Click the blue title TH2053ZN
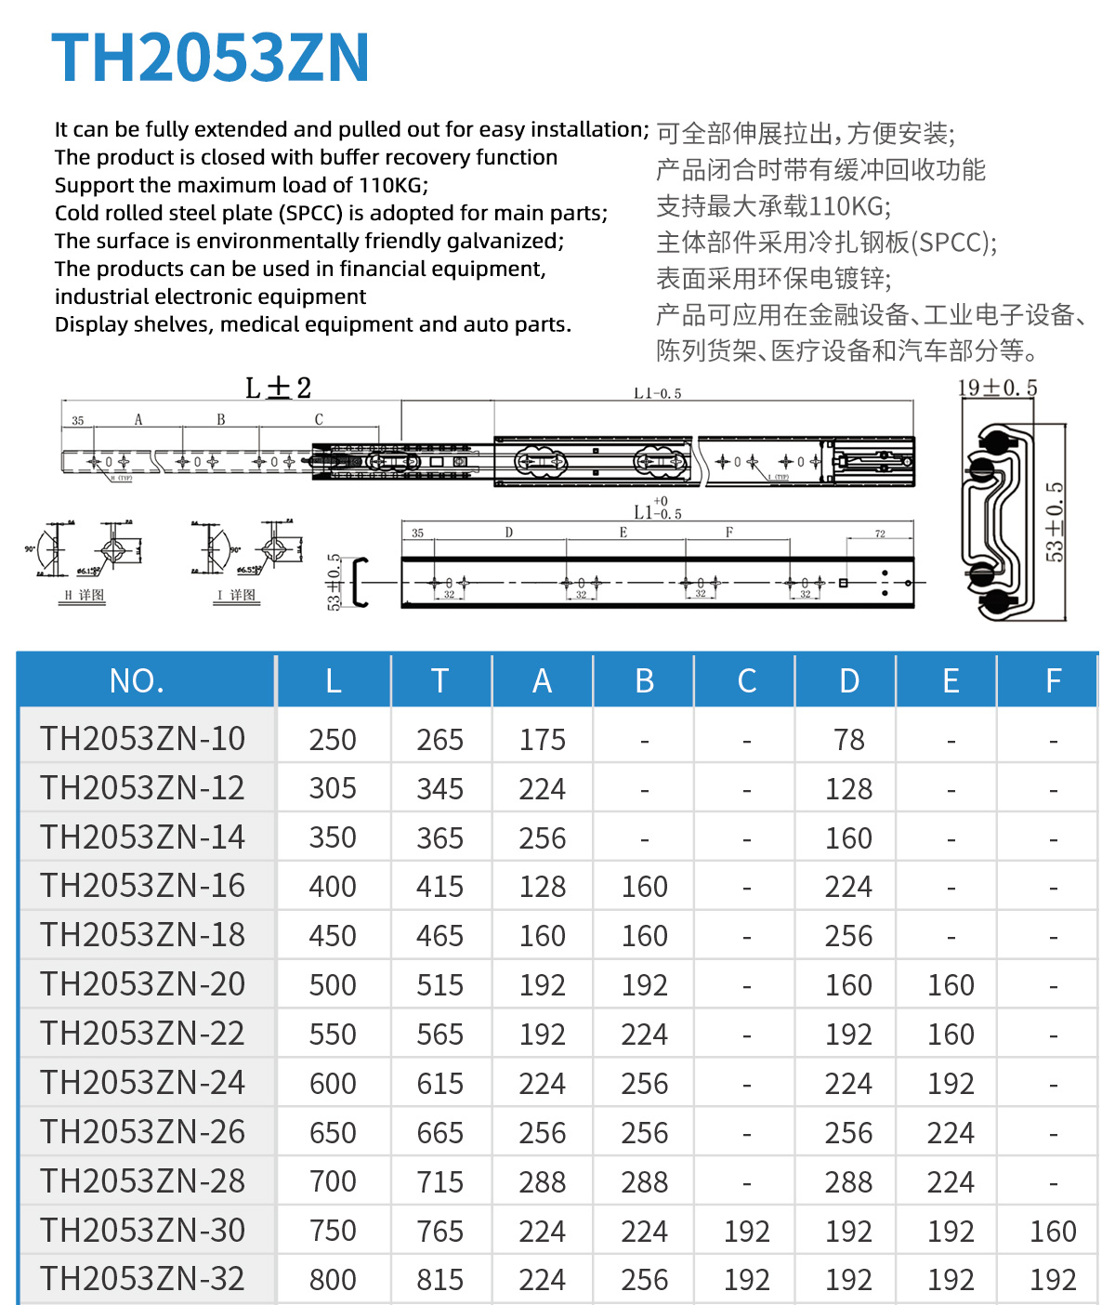pos(211,58)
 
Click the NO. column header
pos(137,681)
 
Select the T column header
pos(439,681)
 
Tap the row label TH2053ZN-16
pos(142,886)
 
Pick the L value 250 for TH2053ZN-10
pos(333,740)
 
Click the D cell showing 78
pos(848,740)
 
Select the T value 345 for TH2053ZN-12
pos(439,789)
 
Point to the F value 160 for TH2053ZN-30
pos(1053,1232)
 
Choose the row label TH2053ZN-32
pos(142,1279)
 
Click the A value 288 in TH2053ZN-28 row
pos(542,1182)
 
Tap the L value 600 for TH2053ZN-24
pos(333,1084)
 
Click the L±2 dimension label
pos(278,388)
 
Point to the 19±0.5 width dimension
pos(997,388)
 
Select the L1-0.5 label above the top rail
pos(658,394)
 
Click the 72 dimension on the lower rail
pos(880,534)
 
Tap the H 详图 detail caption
pos(84,595)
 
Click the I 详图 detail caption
pos(238,595)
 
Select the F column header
pos(1053,681)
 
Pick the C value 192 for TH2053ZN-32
pos(746,1280)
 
